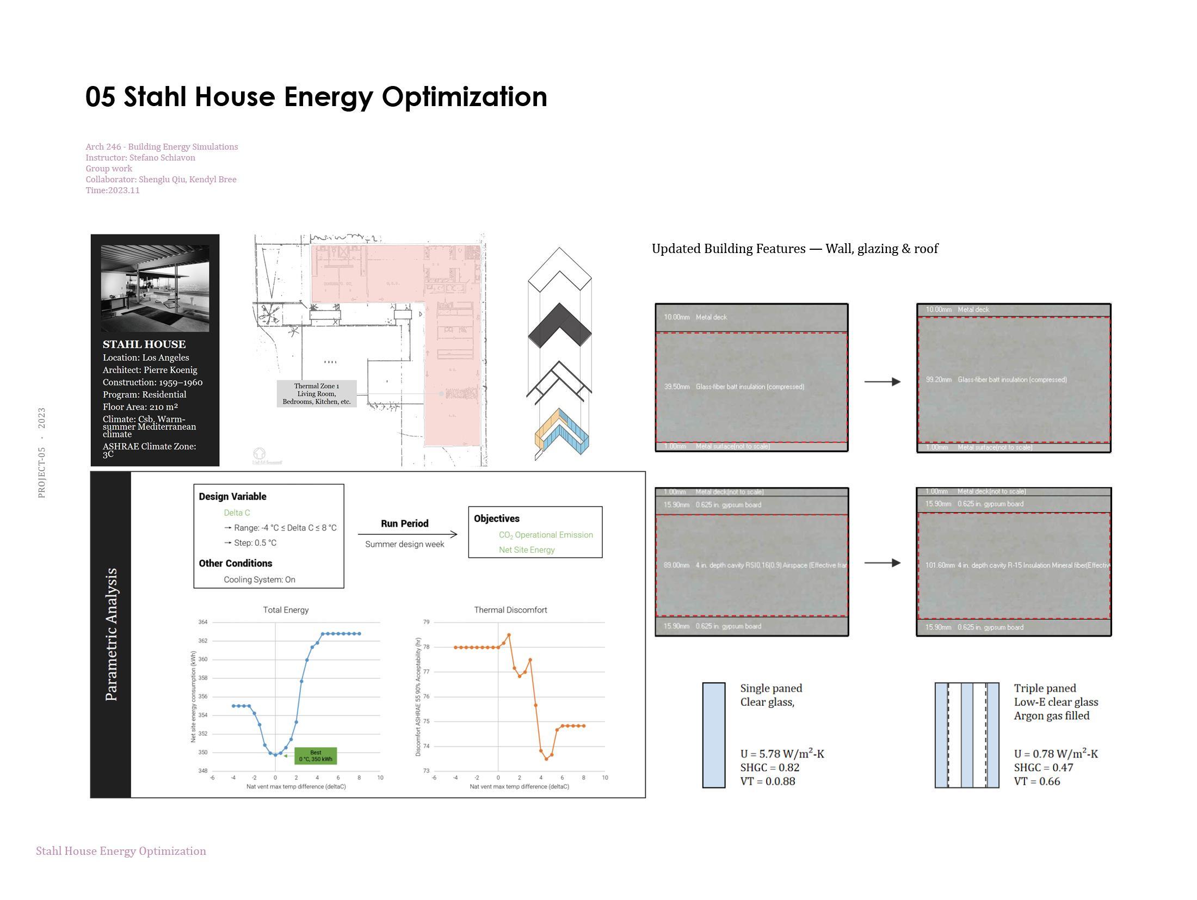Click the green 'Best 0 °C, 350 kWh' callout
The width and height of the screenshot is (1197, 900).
click(x=316, y=756)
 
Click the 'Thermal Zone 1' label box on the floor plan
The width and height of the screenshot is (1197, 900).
click(x=317, y=394)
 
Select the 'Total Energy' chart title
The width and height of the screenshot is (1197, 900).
click(x=286, y=610)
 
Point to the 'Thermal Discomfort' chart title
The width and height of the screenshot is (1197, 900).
click(x=510, y=610)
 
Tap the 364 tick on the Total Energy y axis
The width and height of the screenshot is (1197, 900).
click(x=203, y=622)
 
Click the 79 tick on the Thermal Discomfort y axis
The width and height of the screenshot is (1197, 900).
click(x=427, y=622)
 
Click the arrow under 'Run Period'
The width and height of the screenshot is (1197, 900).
click(x=408, y=534)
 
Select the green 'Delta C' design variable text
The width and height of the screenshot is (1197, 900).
click(x=237, y=513)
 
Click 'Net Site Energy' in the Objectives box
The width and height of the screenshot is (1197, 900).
click(x=527, y=550)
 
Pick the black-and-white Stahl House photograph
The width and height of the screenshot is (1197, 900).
click(x=155, y=288)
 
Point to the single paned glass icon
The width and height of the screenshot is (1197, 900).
click(x=713, y=735)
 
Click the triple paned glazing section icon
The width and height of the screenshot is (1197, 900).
click(x=967, y=735)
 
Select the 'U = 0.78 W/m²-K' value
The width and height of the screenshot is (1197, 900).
click(x=1056, y=754)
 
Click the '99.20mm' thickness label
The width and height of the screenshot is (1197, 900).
click(x=939, y=380)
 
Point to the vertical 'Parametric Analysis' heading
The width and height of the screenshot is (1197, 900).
click(x=112, y=634)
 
